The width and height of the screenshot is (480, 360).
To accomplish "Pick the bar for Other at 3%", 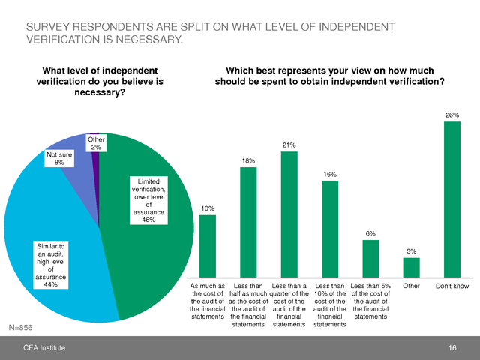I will pyautogui.click(x=412, y=268).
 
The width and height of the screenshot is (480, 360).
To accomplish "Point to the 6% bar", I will pyautogui.click(x=370, y=259).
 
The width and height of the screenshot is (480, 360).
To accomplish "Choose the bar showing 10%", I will pyautogui.click(x=208, y=247).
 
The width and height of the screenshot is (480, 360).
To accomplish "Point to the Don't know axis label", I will pyautogui.click(x=452, y=286).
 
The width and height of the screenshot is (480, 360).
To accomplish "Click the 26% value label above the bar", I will pyautogui.click(x=452, y=115).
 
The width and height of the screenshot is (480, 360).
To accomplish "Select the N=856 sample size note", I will pyautogui.click(x=21, y=328).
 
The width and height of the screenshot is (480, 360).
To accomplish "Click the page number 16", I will pyautogui.click(x=452, y=347).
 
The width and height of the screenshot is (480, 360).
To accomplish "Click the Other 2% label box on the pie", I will pyautogui.click(x=96, y=143).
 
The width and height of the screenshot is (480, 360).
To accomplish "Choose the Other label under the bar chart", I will pyautogui.click(x=412, y=286).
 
